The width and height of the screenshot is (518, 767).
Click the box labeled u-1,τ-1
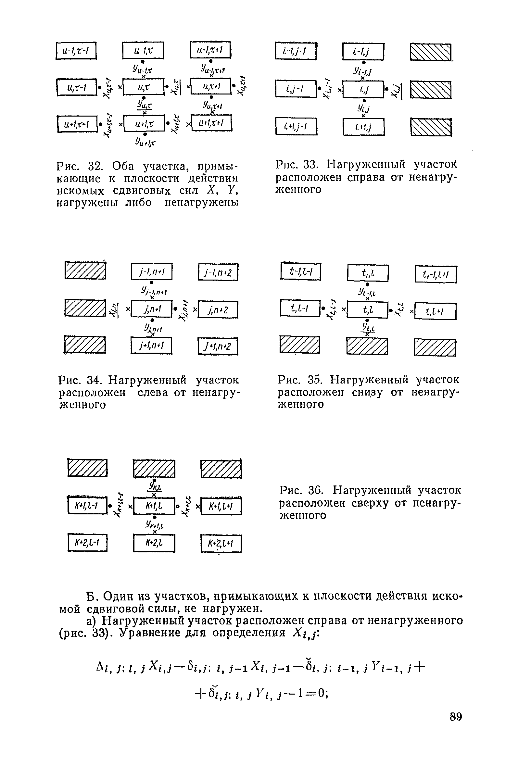click(76, 51)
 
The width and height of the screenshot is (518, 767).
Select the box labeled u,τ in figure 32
click(143, 87)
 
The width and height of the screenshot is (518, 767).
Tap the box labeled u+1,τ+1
click(211, 123)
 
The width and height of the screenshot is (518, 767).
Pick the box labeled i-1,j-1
click(296, 51)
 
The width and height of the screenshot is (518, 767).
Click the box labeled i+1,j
click(363, 127)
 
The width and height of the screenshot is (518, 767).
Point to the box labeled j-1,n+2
click(218, 272)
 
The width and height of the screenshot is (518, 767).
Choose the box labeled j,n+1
click(152, 309)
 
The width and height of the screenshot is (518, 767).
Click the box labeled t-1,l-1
click(300, 271)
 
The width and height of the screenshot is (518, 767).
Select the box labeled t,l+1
click(435, 311)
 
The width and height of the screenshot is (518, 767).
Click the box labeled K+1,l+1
click(221, 506)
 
